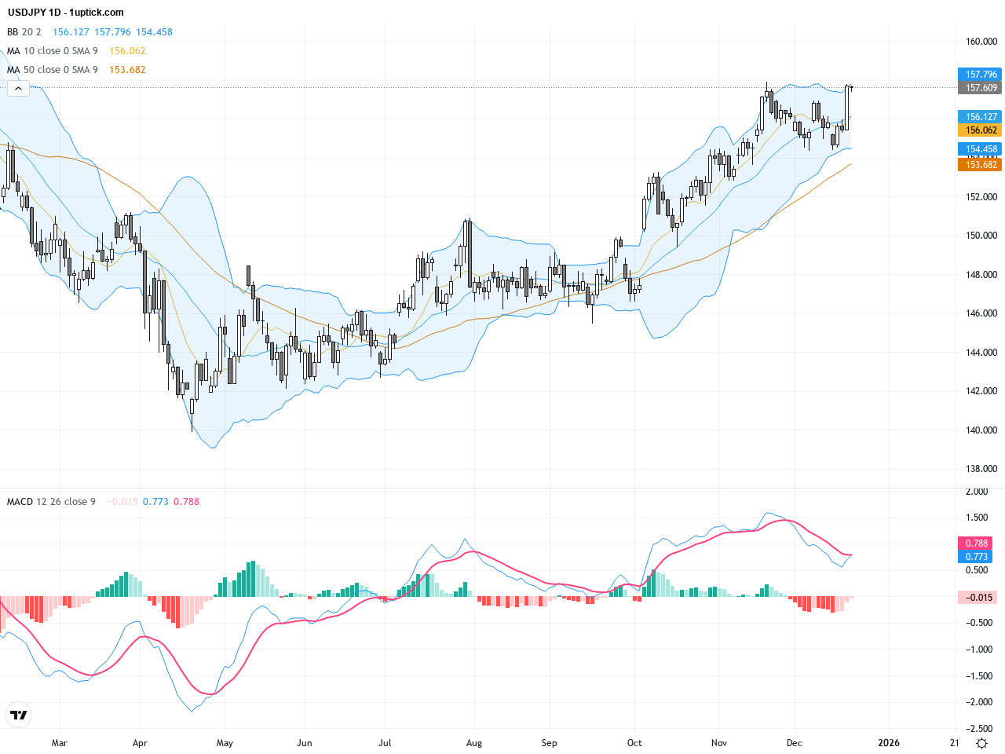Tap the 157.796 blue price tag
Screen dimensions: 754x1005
(x=980, y=75)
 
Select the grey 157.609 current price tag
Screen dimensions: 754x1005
(x=980, y=88)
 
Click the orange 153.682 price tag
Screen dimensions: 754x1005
(x=980, y=165)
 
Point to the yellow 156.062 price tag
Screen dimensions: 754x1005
(x=980, y=130)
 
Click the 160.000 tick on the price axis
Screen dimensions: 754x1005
(x=981, y=42)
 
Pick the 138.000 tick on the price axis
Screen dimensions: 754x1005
(x=981, y=469)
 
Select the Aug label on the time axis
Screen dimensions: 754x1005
(x=473, y=743)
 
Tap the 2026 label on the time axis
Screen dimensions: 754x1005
(x=888, y=743)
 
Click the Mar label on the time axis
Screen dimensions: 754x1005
(x=59, y=743)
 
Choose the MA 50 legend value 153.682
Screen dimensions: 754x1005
(x=127, y=70)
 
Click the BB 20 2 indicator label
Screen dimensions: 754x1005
(x=24, y=32)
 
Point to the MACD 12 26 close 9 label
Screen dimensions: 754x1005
(x=51, y=502)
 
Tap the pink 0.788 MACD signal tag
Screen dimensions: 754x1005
(x=976, y=544)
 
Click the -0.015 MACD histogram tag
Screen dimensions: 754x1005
(x=978, y=598)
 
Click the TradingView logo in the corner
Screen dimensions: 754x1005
(x=18, y=715)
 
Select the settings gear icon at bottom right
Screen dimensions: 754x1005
(x=981, y=743)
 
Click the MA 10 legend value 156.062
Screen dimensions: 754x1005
(x=127, y=51)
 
